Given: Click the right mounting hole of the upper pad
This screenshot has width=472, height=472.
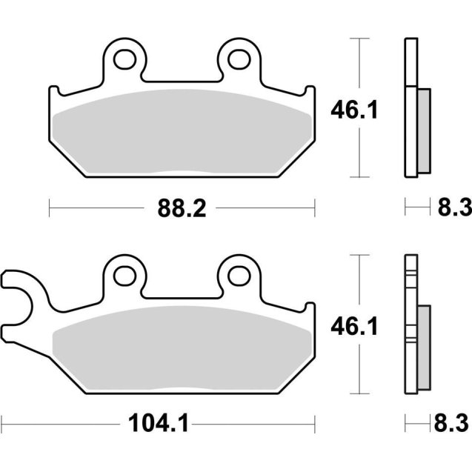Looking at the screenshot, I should pyautogui.click(x=240, y=57).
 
